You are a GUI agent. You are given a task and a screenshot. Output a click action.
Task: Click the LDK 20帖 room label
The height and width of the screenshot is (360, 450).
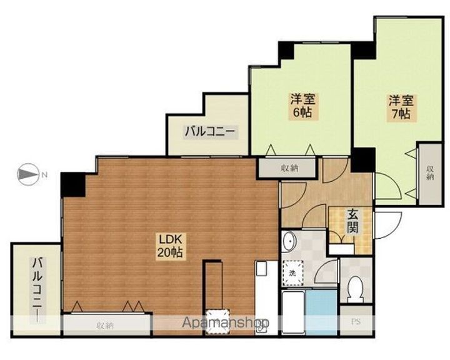click(x=169, y=246)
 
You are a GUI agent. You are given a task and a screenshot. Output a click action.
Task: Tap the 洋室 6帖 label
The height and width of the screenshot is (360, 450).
click(x=302, y=106)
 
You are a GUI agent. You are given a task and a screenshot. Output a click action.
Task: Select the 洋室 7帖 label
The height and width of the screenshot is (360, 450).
click(x=401, y=107)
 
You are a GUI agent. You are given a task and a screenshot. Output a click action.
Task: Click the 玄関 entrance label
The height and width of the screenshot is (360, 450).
click(x=352, y=221)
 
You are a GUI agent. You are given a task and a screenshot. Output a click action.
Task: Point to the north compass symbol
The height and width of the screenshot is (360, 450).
click(x=28, y=174)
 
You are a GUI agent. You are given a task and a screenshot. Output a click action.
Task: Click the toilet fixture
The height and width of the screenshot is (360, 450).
click(x=355, y=288)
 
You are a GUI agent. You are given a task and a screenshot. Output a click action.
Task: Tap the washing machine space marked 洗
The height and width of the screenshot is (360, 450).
click(x=292, y=273)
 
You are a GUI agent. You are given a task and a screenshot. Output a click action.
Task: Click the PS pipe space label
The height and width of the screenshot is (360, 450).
click(x=356, y=322)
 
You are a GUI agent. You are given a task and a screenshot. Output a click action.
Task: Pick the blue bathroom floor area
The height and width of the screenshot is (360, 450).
click(x=321, y=312)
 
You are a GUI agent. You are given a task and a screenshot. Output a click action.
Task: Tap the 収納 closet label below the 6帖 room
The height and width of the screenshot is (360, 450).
click(x=289, y=168)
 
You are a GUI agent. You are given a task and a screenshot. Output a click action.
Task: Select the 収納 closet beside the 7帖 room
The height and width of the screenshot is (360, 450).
click(x=429, y=174)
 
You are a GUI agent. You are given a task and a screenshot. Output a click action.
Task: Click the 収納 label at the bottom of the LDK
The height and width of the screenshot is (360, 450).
click(x=106, y=326)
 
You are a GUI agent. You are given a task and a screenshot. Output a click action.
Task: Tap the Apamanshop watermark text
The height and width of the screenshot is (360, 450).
click(x=226, y=322)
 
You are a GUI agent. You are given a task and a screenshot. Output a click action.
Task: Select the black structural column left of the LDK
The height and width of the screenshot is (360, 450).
click(x=73, y=184)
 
